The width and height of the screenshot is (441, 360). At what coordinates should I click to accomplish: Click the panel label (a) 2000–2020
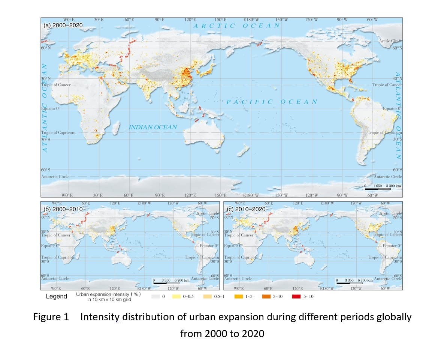coord(63,25)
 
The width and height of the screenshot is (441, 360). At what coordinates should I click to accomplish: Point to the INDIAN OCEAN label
coord(152,127)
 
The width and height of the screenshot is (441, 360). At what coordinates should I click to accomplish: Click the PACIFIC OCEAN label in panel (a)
coord(272,102)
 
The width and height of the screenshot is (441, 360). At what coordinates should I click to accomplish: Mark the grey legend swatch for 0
coord(155,297)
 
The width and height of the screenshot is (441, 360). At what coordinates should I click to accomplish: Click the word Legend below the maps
coord(56,297)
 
